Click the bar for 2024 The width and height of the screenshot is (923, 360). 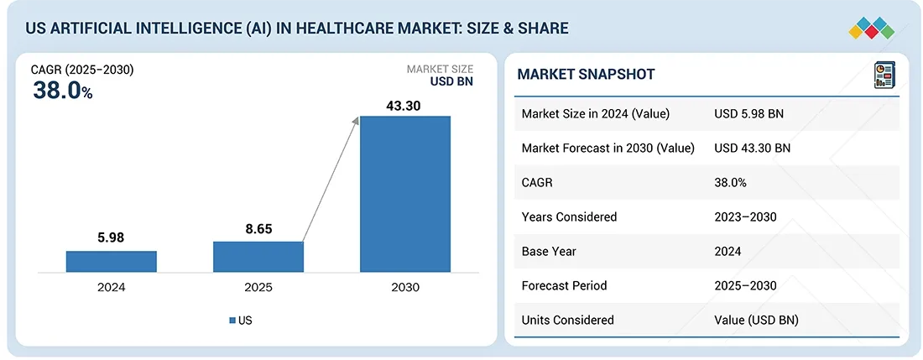click(111, 261)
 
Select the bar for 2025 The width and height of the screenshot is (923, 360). click(258, 257)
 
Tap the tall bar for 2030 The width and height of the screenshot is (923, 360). click(405, 194)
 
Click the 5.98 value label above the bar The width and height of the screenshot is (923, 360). click(111, 237)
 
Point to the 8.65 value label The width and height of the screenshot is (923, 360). click(258, 228)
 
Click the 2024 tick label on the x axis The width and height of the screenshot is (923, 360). click(111, 287)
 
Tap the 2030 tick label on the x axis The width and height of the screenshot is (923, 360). click(405, 287)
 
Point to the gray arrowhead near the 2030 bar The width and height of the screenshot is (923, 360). click(356, 122)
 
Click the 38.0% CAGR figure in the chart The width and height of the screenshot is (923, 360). click(62, 91)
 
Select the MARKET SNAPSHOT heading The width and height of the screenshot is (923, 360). click(586, 75)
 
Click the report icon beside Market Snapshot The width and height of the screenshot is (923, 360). click(884, 75)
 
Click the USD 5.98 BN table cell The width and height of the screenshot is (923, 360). click(748, 114)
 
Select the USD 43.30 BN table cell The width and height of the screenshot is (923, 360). click(752, 149)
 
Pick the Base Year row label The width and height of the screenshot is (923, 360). click(549, 251)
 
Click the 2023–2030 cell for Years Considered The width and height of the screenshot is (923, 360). click(745, 217)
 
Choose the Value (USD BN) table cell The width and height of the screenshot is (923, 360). click(756, 320)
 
